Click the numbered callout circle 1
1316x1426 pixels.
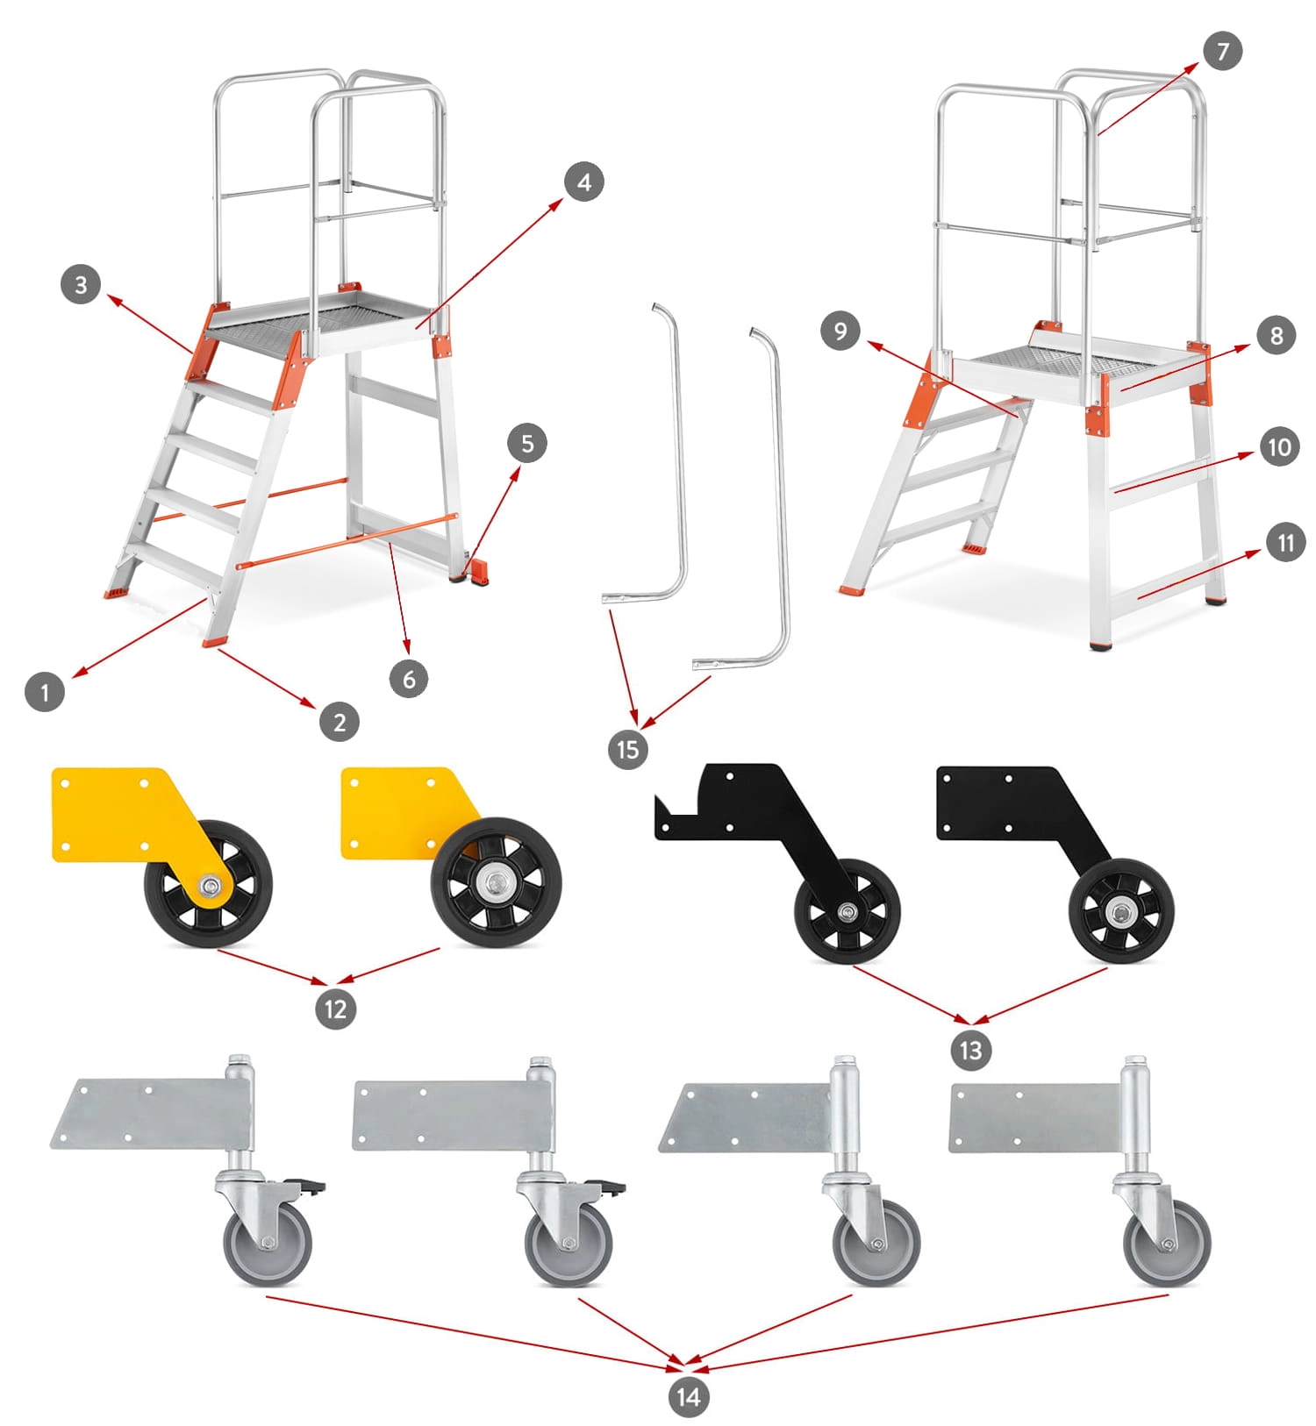(45, 692)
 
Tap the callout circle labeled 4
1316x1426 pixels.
(584, 182)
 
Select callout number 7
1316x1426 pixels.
(1223, 52)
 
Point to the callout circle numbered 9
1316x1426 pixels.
(840, 332)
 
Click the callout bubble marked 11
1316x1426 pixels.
(1285, 543)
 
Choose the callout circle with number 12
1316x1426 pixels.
(335, 1009)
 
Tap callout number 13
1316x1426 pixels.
(970, 1050)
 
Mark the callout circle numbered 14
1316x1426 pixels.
(688, 1397)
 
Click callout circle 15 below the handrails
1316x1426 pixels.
(627, 750)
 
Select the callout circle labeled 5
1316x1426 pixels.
(527, 443)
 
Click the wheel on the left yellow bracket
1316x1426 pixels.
(209, 884)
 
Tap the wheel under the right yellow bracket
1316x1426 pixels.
(497, 882)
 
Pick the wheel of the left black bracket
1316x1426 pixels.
(848, 912)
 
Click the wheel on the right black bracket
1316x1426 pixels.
(1121, 912)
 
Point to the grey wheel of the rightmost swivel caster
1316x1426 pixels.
(1168, 1243)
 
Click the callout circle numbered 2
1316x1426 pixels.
(340, 722)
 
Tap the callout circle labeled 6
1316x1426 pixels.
(409, 679)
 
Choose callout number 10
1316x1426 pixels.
(1279, 447)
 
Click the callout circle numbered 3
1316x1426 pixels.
(81, 285)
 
